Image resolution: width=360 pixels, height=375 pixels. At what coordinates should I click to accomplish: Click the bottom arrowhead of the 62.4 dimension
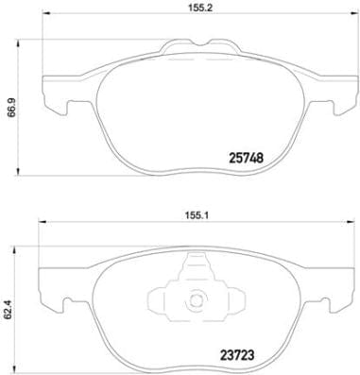[20, 364]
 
